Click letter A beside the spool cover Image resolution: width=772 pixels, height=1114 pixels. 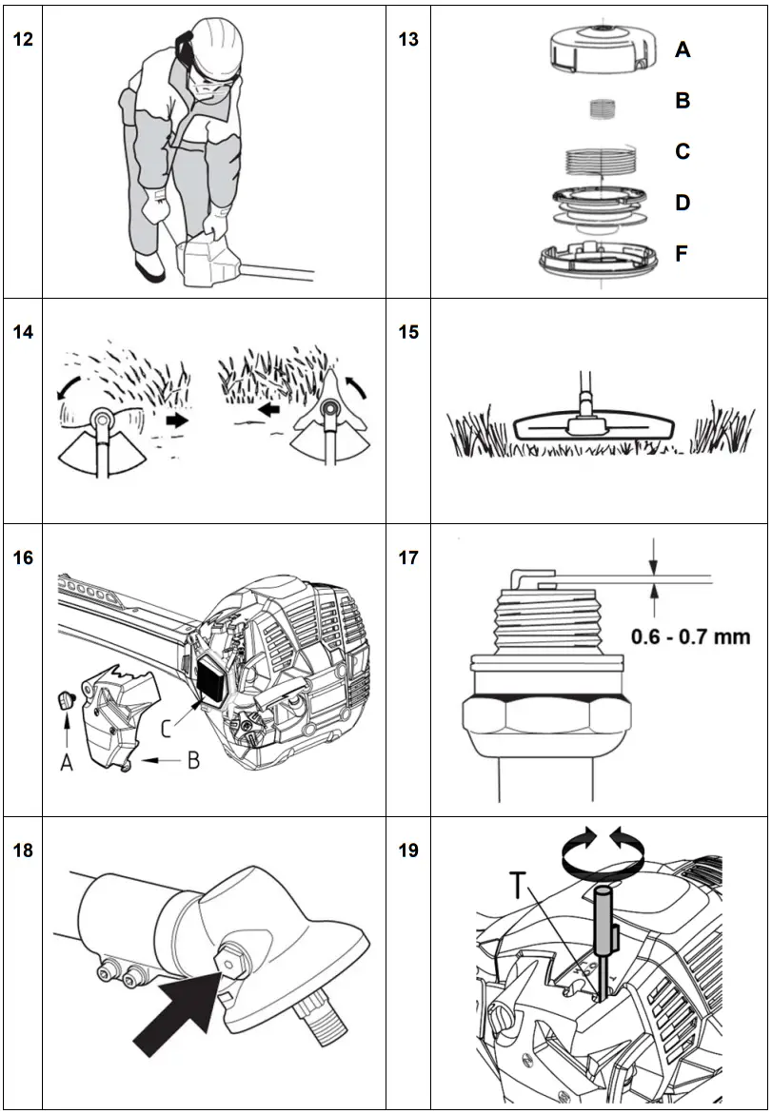pos(683,49)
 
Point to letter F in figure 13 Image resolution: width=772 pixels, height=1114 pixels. pos(683,255)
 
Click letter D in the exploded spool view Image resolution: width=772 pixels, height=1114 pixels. pos(683,204)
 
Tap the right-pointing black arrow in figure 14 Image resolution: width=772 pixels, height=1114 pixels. pos(177,419)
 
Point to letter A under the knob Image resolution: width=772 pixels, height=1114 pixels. pos(67,761)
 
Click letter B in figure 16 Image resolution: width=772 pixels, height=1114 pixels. pos(193,761)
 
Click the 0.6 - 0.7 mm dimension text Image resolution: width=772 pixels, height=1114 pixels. pos(690,636)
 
